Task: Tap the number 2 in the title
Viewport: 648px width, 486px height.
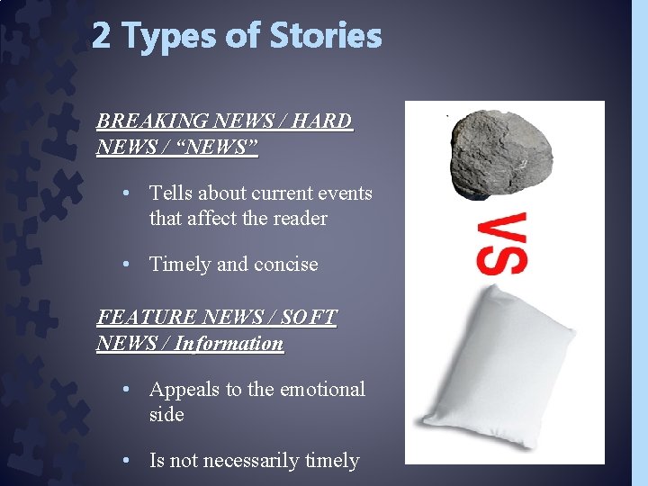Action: pos(102,37)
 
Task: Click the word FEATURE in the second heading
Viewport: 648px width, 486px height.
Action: pos(148,318)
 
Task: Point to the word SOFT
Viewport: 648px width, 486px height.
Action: pos(309,318)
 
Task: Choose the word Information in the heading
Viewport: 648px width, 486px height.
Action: pos(229,343)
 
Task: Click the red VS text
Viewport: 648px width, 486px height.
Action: pos(502,243)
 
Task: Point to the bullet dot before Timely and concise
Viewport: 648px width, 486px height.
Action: pos(130,264)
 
